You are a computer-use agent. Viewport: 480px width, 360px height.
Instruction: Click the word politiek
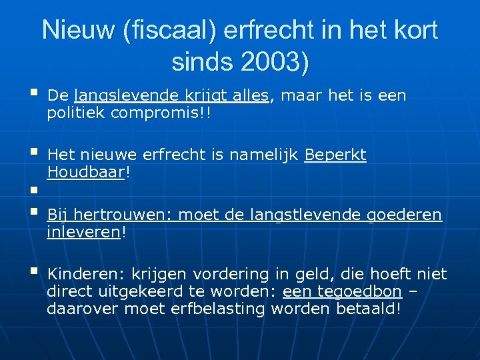[x=76, y=113]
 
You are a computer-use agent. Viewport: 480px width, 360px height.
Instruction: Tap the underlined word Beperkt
[x=335, y=155]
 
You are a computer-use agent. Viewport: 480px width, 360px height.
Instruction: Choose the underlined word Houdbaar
[x=86, y=173]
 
